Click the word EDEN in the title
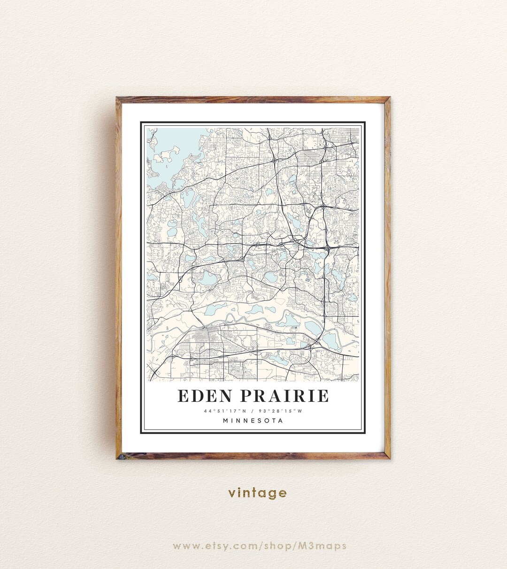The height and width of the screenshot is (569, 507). (x=205, y=396)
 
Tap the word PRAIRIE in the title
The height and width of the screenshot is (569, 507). (x=284, y=396)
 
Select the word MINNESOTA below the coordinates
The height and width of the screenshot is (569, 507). (x=253, y=421)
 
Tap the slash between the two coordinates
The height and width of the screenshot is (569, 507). (x=253, y=411)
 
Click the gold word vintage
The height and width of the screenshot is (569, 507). (x=257, y=493)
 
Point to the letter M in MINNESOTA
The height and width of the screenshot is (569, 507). (x=226, y=421)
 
